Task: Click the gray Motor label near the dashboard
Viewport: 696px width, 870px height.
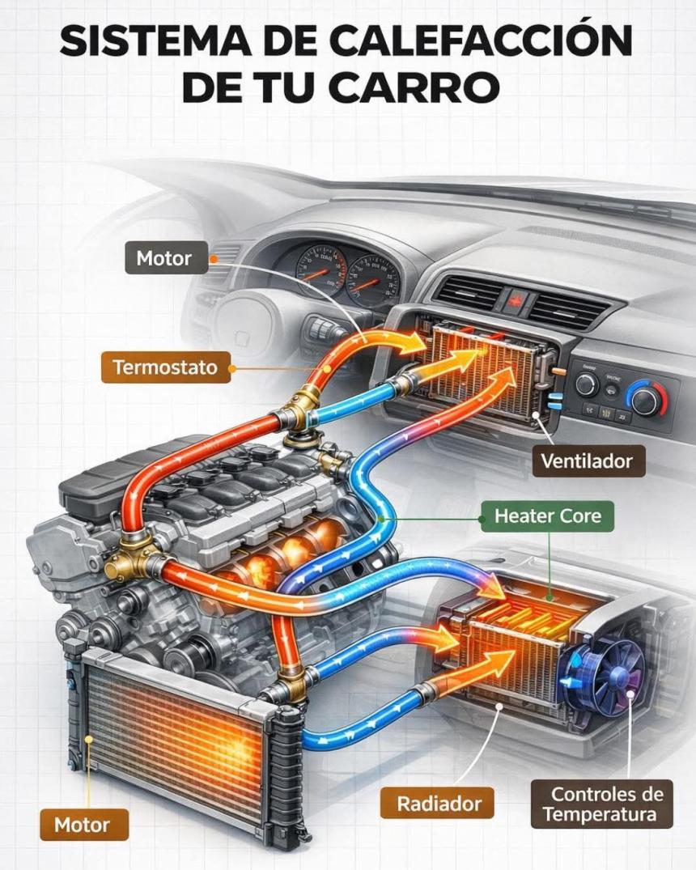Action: click(163, 259)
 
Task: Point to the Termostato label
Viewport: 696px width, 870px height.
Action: click(165, 367)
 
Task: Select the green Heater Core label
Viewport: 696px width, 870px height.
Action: click(548, 516)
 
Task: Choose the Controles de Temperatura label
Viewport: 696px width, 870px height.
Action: click(602, 804)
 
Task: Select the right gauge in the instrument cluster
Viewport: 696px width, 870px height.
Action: click(373, 279)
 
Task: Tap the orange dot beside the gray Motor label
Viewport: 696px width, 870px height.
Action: click(214, 260)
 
